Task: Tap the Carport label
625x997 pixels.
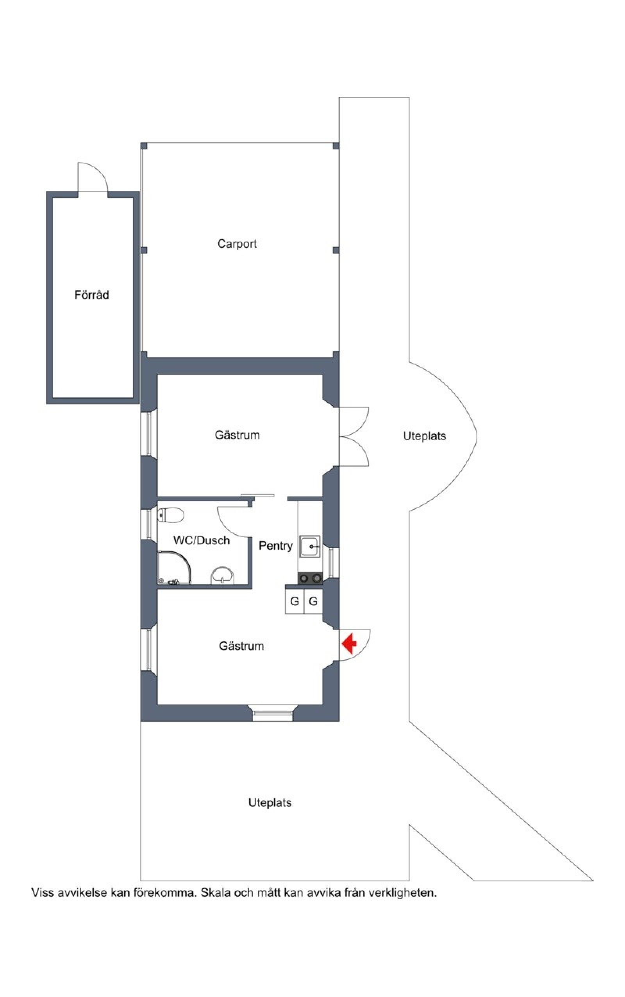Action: point(237,244)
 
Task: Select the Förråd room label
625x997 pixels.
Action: point(91,294)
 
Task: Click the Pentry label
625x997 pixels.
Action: point(276,546)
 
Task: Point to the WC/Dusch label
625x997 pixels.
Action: point(201,540)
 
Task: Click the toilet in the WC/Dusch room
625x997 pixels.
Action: point(170,515)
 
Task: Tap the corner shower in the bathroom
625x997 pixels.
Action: point(174,567)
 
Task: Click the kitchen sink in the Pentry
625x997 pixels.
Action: point(310,547)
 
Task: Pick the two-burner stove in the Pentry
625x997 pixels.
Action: point(310,578)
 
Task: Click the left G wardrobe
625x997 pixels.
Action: point(294,601)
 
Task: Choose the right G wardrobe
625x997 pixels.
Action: point(313,601)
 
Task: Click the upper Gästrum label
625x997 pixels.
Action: point(237,435)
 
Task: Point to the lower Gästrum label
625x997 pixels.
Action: point(241,646)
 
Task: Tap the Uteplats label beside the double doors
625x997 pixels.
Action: point(425,436)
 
